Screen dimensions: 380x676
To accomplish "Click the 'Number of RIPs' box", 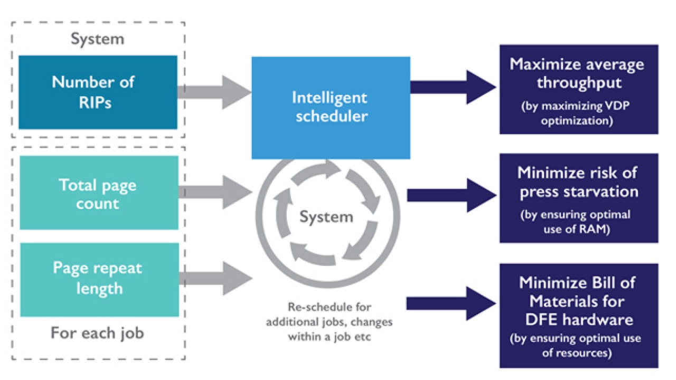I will [x=98, y=92].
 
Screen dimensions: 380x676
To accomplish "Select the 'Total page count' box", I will [x=99, y=193].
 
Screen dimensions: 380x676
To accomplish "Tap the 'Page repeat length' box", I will [x=99, y=279].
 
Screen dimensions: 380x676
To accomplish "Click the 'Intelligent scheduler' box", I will [x=331, y=107].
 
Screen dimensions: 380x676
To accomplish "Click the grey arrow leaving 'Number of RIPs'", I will [x=214, y=92].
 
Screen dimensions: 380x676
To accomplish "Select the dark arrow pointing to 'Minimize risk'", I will [x=452, y=195].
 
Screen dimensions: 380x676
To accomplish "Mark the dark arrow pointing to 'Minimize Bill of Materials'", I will [x=452, y=303].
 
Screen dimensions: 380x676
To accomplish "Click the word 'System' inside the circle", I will [x=326, y=216].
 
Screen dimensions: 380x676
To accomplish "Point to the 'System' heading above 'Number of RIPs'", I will [x=98, y=39].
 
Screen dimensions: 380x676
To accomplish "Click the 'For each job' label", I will [x=98, y=333].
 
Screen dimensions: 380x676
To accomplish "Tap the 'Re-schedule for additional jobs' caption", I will [x=329, y=321].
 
